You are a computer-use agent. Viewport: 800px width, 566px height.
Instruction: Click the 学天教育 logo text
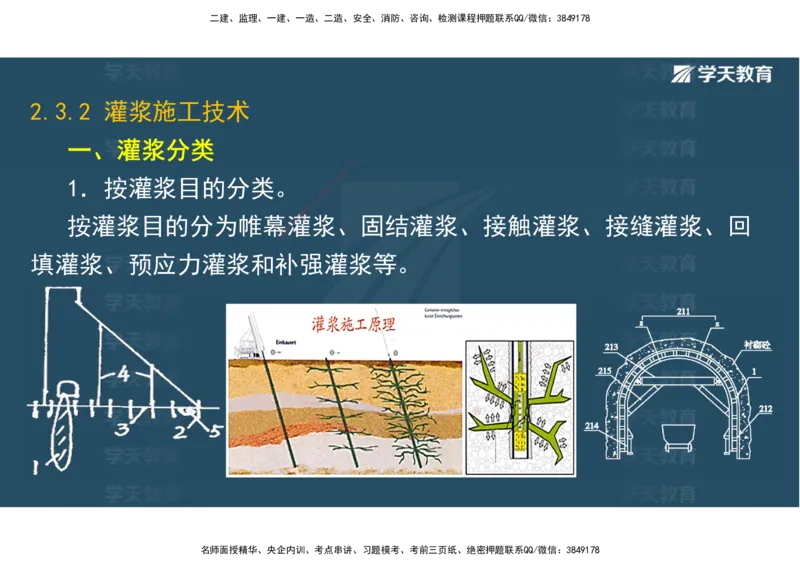point(734,74)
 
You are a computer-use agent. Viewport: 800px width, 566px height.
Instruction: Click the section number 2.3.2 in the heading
point(61,112)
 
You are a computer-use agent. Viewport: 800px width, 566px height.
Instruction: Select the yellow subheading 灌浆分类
point(165,151)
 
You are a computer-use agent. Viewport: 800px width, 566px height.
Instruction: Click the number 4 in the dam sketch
point(122,374)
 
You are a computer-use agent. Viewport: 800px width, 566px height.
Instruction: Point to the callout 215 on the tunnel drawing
point(604,371)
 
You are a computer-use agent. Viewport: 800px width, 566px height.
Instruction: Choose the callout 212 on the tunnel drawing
point(765,408)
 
